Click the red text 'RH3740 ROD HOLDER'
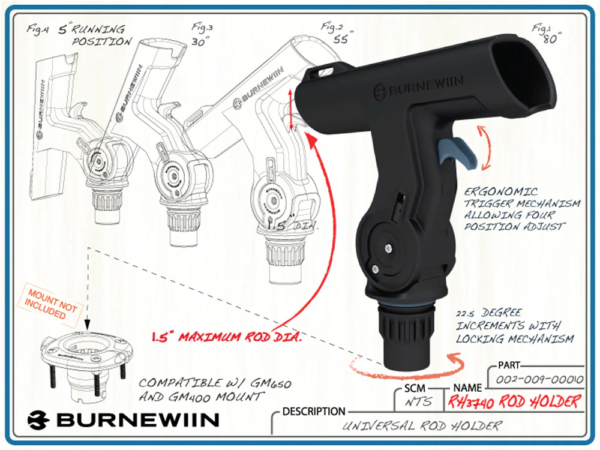click(513, 401)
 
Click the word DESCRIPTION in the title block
click(314, 412)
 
